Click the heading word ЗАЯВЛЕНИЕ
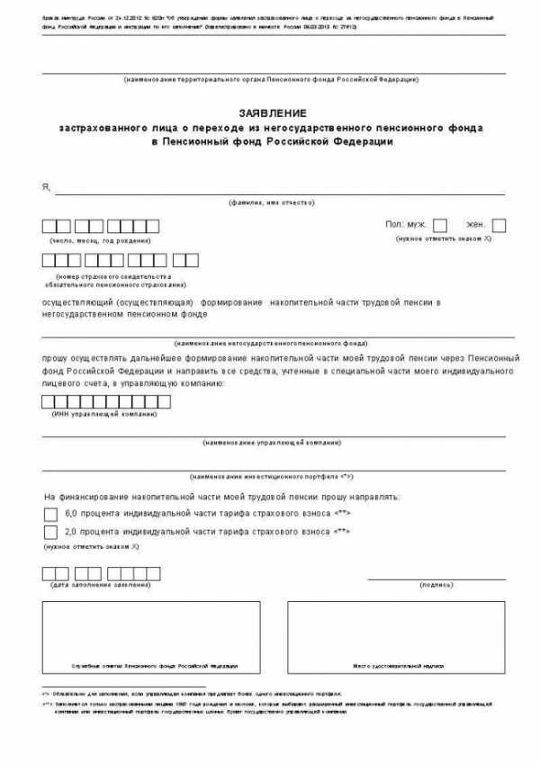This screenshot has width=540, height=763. pyautogui.click(x=272, y=112)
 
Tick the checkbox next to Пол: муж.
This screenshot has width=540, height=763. pyautogui.click(x=440, y=225)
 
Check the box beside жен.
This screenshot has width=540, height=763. pyautogui.click(x=499, y=225)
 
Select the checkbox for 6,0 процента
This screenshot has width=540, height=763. pyautogui.click(x=49, y=513)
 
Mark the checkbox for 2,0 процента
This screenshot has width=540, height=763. pyautogui.click(x=49, y=533)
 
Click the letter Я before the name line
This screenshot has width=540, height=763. pyautogui.click(x=45, y=186)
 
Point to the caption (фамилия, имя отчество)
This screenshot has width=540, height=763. pyautogui.click(x=271, y=203)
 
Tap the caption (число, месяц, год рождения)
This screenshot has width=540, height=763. pyautogui.click(x=100, y=240)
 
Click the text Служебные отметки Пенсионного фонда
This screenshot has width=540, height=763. pyautogui.click(x=155, y=666)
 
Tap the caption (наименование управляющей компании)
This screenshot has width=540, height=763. pyautogui.click(x=271, y=443)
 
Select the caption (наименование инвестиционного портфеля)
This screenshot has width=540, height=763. pyautogui.click(x=271, y=476)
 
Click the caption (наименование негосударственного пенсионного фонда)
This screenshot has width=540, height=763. pyautogui.click(x=271, y=343)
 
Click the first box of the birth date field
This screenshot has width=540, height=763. pyautogui.click(x=49, y=225)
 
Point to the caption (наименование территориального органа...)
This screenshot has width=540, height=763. pyautogui.click(x=271, y=80)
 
